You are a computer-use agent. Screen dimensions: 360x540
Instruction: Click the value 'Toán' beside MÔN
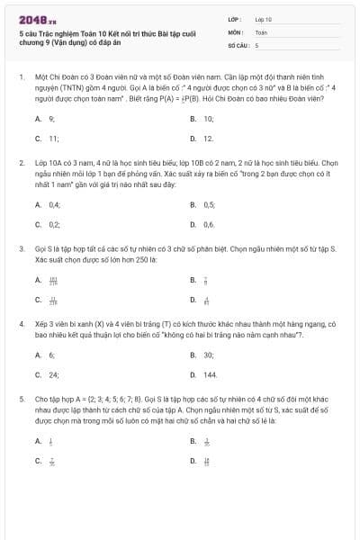261,31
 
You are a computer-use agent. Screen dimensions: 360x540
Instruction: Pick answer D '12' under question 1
208,139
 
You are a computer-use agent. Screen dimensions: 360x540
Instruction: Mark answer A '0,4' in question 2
54,205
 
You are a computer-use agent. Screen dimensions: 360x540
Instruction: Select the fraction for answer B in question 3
206,280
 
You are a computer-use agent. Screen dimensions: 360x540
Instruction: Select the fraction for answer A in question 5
50,441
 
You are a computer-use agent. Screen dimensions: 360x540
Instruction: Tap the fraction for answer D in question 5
207,461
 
